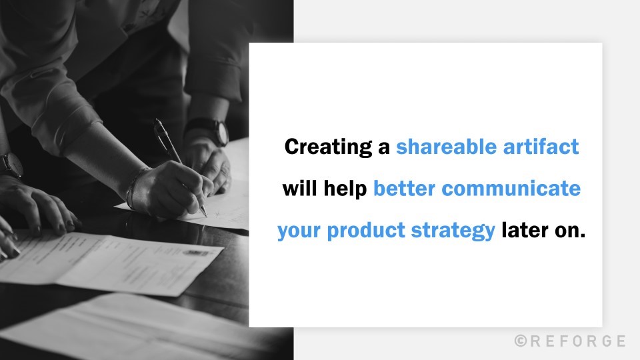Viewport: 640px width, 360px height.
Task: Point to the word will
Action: pyautogui.click(x=301, y=189)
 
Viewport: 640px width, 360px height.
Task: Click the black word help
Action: pyautogui.click(x=346, y=189)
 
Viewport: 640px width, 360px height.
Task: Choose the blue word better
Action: pyautogui.click(x=405, y=189)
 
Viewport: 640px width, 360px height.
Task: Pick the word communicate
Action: pyautogui.click(x=511, y=189)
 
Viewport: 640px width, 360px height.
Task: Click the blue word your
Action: pyautogui.click(x=298, y=231)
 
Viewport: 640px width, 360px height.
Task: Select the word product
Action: pyautogui.click(x=362, y=231)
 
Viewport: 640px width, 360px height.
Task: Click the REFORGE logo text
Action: pyautogui.click(x=577, y=341)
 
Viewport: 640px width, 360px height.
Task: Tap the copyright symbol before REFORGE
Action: pyautogui.click(x=521, y=341)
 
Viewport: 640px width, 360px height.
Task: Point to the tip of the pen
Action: pyautogui.click(x=205, y=215)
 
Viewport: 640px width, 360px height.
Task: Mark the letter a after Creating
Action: pyautogui.click(x=384, y=148)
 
